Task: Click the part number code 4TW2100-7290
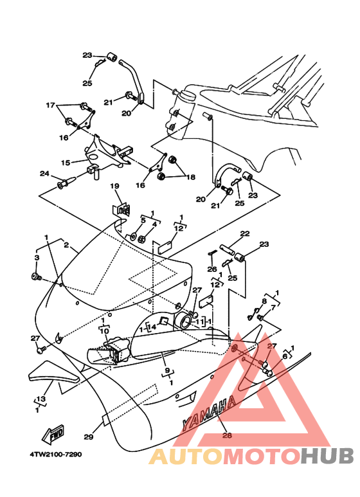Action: pos(55,454)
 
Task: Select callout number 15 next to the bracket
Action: pos(66,163)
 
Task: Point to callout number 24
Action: pos(44,174)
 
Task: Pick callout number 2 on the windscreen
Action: pos(66,244)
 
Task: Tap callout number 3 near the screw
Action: pos(37,257)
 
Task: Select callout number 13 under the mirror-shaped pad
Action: pos(40,399)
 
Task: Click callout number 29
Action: pos(88,437)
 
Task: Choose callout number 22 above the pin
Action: pos(244,233)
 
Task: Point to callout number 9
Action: pos(167,371)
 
